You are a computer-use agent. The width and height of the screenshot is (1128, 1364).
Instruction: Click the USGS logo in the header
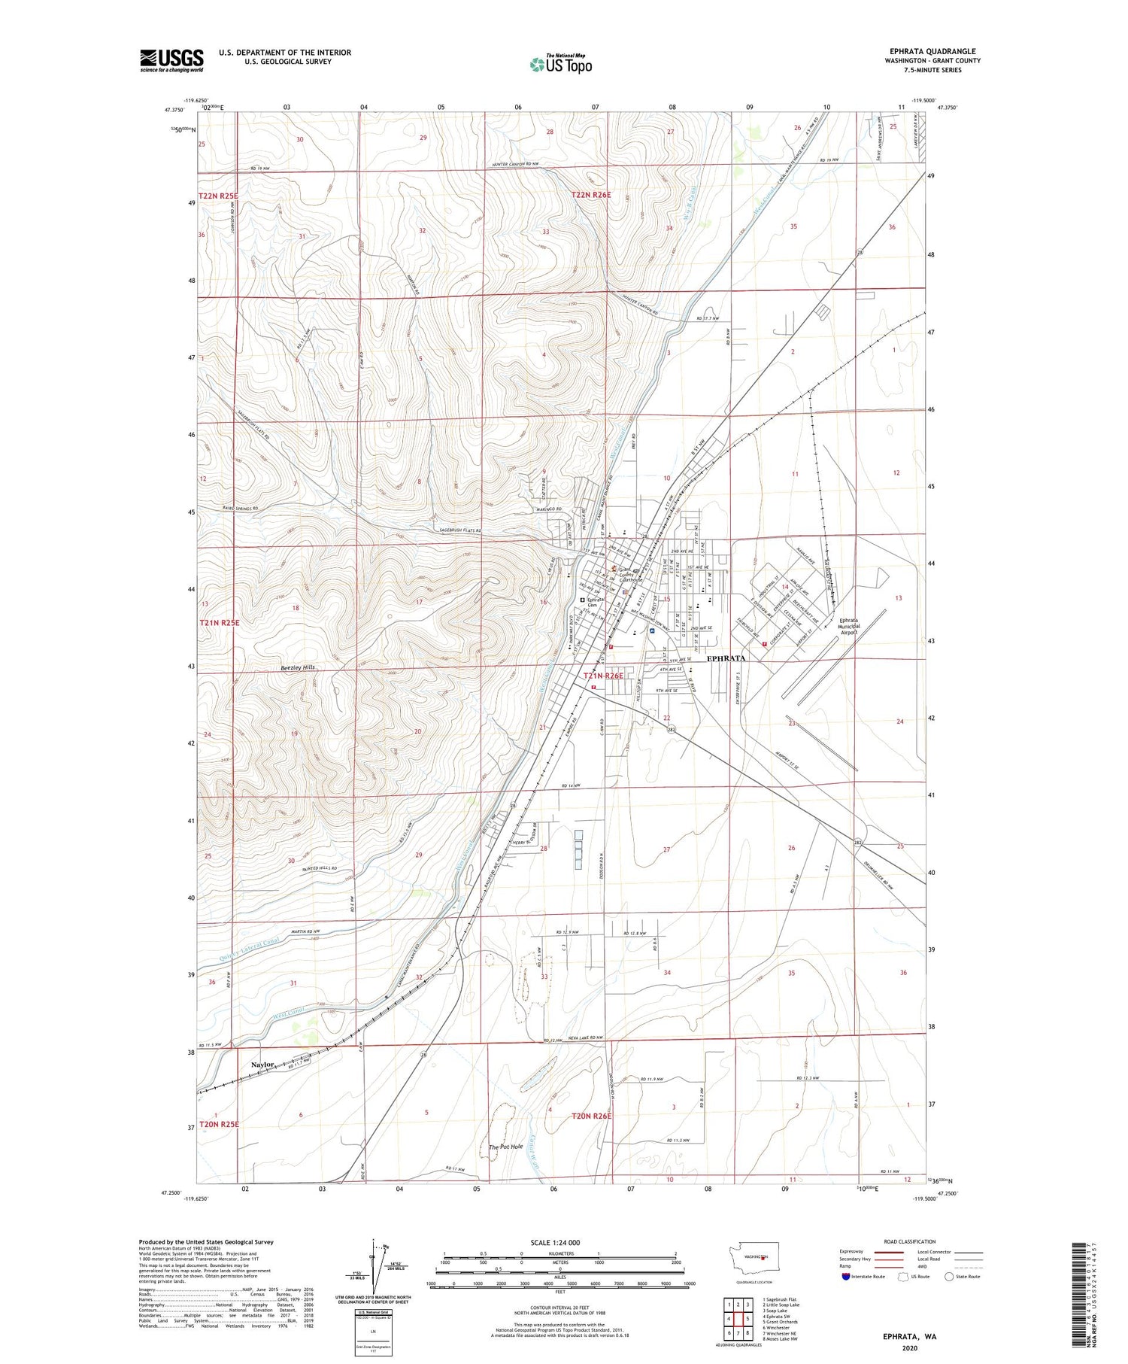171,60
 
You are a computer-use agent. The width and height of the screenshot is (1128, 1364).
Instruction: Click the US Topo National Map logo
561,64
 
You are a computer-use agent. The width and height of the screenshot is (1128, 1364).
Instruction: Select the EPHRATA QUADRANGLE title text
932,51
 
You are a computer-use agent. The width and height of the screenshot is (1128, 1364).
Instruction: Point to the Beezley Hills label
297,667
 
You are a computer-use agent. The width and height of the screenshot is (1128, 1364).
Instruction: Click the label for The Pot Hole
505,1147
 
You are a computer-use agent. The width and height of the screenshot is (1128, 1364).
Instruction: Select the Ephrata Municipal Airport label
858,627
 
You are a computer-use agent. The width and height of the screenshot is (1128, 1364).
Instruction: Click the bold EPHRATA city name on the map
726,658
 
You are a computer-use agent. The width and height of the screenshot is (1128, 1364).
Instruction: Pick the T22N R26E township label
591,195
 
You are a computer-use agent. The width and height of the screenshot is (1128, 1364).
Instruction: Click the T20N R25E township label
219,1124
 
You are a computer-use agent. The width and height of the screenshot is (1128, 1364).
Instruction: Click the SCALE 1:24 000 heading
559,1242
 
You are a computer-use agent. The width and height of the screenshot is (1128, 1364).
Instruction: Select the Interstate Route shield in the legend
846,1276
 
